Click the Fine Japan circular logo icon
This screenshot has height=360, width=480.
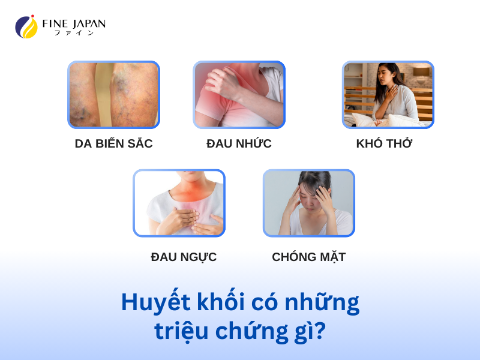26,27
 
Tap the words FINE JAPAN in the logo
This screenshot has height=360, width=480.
74,23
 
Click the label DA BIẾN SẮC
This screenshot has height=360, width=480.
113,143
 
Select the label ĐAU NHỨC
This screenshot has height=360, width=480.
239,143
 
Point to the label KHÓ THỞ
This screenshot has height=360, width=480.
385,143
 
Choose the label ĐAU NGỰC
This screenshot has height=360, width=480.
184,257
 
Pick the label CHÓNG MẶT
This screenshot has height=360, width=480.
308,257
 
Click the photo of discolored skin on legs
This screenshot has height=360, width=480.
113,95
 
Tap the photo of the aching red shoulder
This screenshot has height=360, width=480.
239,95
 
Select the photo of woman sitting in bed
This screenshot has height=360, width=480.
388,95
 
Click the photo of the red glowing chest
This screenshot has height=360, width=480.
179,203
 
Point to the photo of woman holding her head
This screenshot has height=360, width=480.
308,203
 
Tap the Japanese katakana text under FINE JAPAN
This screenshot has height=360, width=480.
74,33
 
